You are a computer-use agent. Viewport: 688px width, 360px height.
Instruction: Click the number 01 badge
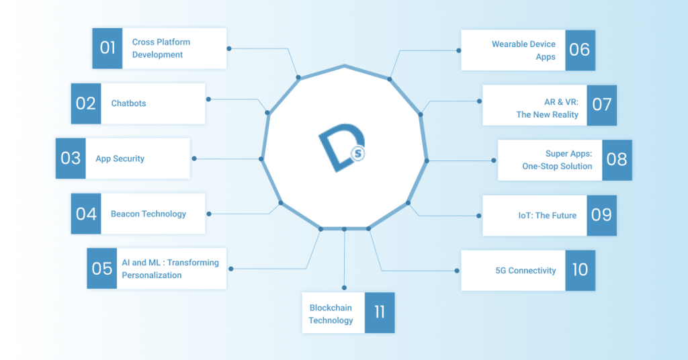107,48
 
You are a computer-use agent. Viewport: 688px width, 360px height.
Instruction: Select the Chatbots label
128,103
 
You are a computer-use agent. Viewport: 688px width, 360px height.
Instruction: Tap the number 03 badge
71,159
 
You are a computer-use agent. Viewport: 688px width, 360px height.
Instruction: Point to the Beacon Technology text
148,214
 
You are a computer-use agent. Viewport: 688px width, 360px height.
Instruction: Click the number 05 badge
102,269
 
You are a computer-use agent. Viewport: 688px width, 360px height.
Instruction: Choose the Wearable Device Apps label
523,50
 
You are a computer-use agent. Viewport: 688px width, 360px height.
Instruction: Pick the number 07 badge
601,105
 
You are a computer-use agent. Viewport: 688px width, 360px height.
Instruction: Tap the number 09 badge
601,215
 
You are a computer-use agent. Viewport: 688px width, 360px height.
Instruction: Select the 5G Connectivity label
525,271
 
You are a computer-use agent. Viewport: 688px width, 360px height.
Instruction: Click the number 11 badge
380,312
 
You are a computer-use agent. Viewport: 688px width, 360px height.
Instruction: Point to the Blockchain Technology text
331,314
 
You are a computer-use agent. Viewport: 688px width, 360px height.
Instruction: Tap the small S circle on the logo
358,154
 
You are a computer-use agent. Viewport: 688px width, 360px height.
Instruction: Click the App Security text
120,159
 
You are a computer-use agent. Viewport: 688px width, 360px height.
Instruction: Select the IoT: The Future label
543,216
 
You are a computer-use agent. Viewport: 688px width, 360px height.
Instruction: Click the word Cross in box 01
143,42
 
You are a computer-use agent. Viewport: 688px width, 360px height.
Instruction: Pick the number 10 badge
580,270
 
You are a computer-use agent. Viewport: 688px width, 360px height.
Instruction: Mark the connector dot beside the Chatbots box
210,99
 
